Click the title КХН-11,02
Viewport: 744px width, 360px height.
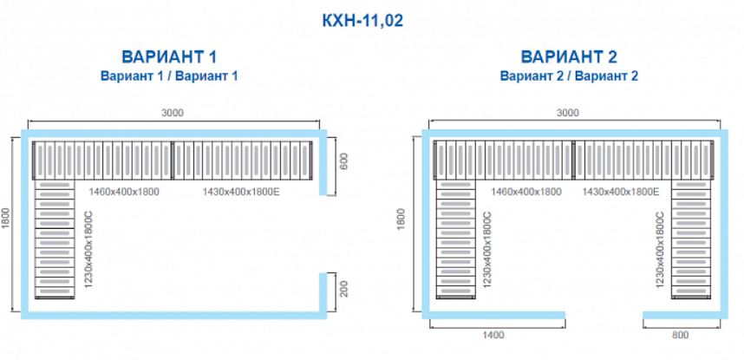(362, 21)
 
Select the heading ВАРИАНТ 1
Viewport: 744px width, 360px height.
(169, 57)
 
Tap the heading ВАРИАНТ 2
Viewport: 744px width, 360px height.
(569, 57)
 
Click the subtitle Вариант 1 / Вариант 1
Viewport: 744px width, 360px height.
(169, 76)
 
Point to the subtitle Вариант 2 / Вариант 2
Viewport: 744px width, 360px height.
(569, 76)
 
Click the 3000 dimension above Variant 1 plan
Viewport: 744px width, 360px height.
(173, 113)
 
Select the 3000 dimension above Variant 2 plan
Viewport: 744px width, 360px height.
(567, 113)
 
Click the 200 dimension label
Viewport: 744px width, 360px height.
(344, 288)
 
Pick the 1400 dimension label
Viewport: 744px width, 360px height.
(493, 336)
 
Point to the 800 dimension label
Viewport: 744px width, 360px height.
(681, 336)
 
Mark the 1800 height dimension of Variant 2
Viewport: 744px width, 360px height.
(401, 218)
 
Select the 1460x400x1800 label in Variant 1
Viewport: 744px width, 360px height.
(124, 192)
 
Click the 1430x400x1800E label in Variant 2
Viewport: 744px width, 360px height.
(621, 192)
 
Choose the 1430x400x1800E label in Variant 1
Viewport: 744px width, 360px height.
(241, 192)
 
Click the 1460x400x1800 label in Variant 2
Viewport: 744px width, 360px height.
(526, 192)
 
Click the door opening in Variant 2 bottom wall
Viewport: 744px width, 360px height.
(604, 314)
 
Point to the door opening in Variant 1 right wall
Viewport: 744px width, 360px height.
(323, 234)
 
